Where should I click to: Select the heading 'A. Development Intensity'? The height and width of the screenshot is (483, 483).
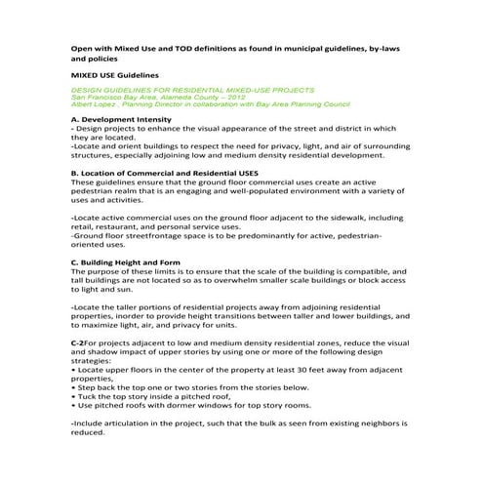coord(123,118)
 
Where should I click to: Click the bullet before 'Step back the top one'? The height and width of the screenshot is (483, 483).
coord(74,387)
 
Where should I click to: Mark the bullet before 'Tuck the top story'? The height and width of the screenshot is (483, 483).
coord(74,396)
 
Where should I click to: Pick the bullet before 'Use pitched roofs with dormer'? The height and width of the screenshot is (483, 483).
coord(74,405)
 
